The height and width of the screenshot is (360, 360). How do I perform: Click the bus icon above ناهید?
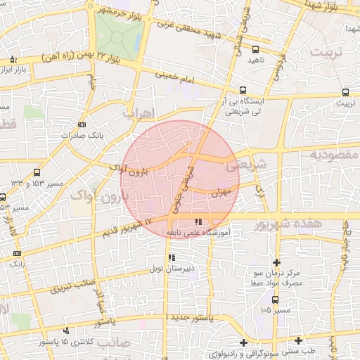[255, 50]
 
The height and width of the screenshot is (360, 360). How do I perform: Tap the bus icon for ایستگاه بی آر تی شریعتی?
[243, 90]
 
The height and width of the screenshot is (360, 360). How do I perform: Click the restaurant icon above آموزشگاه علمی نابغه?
[206, 222]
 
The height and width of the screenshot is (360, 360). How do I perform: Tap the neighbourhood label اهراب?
[138, 112]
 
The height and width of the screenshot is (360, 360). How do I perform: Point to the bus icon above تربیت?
[345, 92]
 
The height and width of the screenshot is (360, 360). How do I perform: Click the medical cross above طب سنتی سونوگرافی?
[243, 342]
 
